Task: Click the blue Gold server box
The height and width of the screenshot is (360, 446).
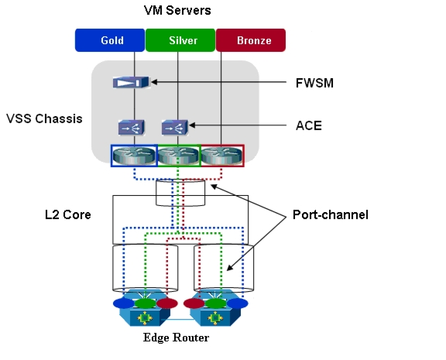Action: (x=110, y=40)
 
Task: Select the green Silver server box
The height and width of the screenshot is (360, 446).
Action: (x=180, y=40)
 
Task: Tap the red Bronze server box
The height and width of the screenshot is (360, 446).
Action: (x=251, y=40)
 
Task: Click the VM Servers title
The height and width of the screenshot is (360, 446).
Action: (x=177, y=11)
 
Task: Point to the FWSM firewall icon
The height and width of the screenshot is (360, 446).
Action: (x=131, y=83)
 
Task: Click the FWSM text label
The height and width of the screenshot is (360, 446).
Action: (x=314, y=83)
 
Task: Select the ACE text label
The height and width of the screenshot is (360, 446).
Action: (x=309, y=125)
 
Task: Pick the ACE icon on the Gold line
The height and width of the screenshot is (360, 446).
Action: (x=132, y=127)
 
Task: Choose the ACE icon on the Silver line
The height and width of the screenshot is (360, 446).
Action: (x=175, y=127)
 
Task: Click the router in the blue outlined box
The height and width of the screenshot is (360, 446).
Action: (x=134, y=156)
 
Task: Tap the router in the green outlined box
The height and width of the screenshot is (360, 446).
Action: (x=178, y=156)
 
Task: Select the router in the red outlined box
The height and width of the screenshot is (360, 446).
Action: (x=222, y=156)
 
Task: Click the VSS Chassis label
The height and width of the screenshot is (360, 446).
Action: (x=44, y=119)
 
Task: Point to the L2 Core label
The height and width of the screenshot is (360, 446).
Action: (x=68, y=214)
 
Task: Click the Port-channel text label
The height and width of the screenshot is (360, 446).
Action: (x=331, y=214)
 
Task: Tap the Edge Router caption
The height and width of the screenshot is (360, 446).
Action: (x=176, y=338)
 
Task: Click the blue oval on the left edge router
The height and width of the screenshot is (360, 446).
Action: (x=124, y=303)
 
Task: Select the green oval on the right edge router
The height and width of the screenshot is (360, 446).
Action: (x=215, y=303)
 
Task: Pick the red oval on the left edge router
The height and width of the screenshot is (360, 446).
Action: (x=167, y=303)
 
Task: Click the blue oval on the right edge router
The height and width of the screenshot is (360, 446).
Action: (x=238, y=303)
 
